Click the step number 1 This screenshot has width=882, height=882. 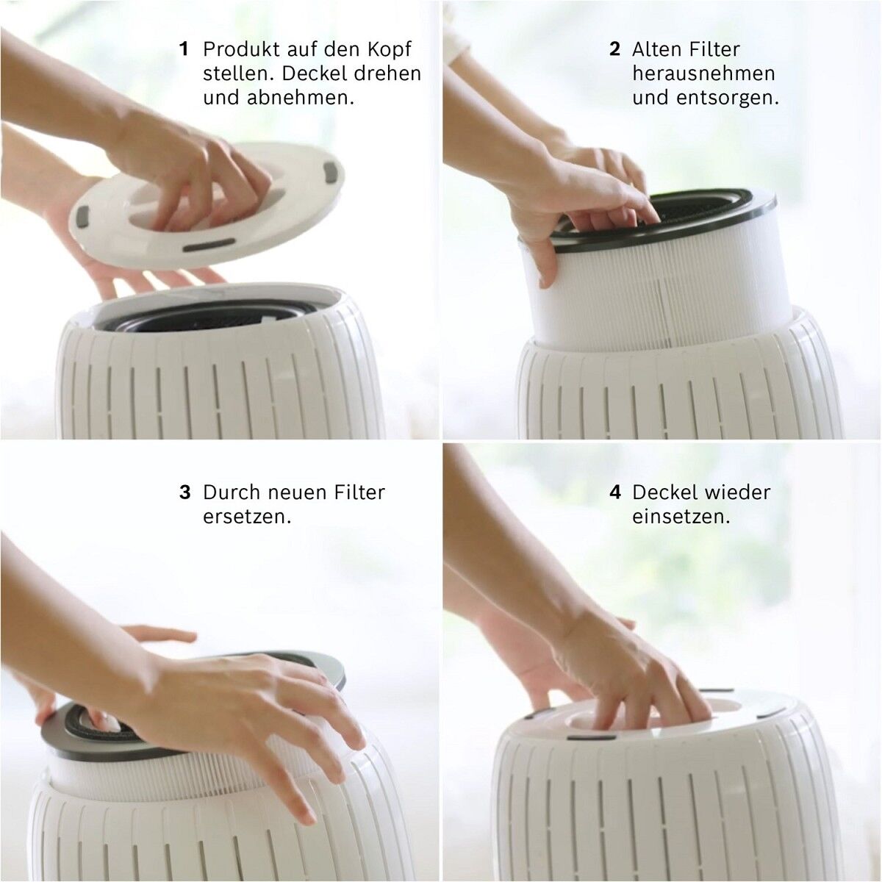pos(184,49)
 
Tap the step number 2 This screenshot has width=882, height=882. pos(614,49)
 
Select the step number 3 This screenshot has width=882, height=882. pos(185,492)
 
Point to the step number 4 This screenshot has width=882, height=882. pos(615,492)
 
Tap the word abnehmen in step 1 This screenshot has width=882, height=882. pos(301,98)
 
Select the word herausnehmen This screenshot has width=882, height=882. pos(704,73)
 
